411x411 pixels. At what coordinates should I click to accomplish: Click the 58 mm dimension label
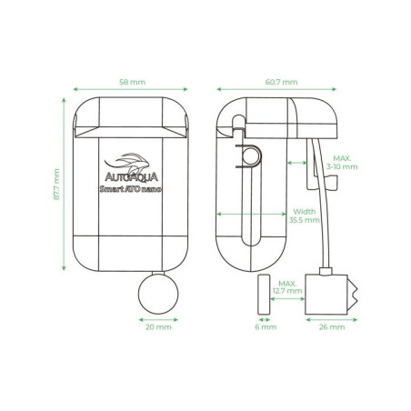coord(132,82)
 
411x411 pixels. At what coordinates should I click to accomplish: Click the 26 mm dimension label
coord(330,327)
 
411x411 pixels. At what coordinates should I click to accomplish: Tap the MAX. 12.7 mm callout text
coord(287,286)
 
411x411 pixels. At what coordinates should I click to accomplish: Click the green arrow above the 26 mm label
coord(328,319)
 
